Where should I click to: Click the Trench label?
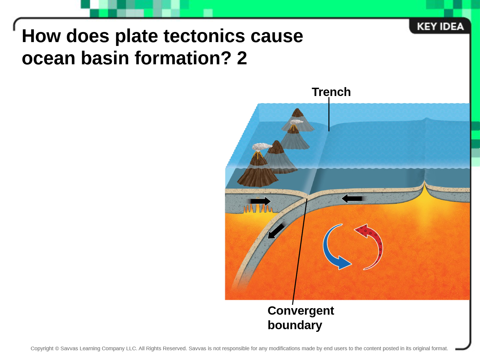pyautogui.click(x=331, y=92)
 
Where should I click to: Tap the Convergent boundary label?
pyautogui.click(x=301, y=318)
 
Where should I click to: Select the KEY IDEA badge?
pyautogui.click(x=440, y=26)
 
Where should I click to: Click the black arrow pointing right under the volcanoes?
pyautogui.click(x=260, y=201)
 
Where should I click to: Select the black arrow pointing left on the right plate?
pyautogui.click(x=352, y=199)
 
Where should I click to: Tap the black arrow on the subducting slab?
pyautogui.click(x=276, y=231)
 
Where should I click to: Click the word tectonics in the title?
pyautogui.click(x=204, y=36)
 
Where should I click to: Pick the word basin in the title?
pyautogui.click(x=105, y=58)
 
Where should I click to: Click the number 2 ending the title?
pyautogui.click(x=242, y=58)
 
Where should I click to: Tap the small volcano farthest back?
pyautogui.click(x=297, y=120)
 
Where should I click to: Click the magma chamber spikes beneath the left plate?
pyautogui.click(x=258, y=209)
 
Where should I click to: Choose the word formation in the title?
pyautogui.click(x=183, y=58)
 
